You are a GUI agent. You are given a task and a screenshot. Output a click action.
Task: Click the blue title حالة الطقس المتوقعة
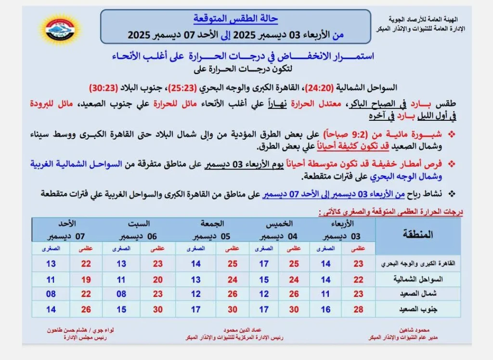235,19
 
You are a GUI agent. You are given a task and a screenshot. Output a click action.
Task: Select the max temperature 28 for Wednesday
358,309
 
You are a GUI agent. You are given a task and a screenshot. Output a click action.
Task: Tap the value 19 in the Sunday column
86,279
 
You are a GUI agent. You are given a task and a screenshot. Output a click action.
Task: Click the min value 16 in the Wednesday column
325,309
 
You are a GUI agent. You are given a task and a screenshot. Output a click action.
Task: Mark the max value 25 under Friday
233,264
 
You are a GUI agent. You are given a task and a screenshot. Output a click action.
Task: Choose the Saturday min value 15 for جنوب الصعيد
121,309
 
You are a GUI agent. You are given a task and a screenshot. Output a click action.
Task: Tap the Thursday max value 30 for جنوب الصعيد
294,309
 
